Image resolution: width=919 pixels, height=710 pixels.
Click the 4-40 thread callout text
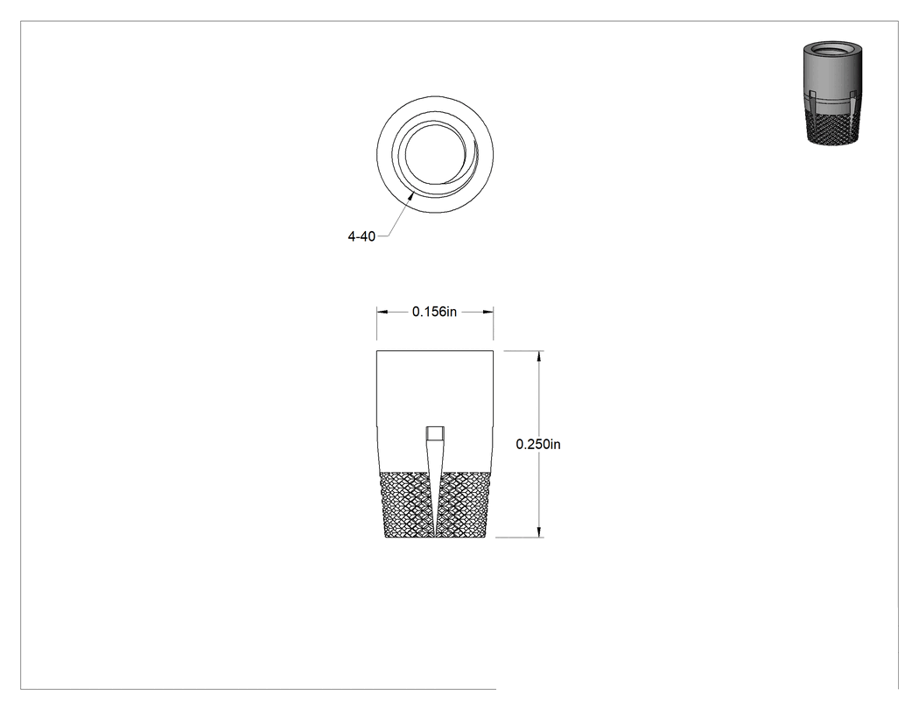click(361, 237)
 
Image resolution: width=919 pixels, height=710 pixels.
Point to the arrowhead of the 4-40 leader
click(411, 196)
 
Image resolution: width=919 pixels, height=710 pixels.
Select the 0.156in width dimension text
click(434, 312)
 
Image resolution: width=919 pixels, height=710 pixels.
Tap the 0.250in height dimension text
click(538, 445)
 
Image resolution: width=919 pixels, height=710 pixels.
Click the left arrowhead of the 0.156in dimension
click(382, 312)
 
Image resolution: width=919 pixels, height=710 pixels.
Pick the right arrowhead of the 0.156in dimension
click(487, 312)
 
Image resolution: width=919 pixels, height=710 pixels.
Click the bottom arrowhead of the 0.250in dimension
click(539, 531)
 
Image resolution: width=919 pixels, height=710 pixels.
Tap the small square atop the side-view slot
click(435, 434)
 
